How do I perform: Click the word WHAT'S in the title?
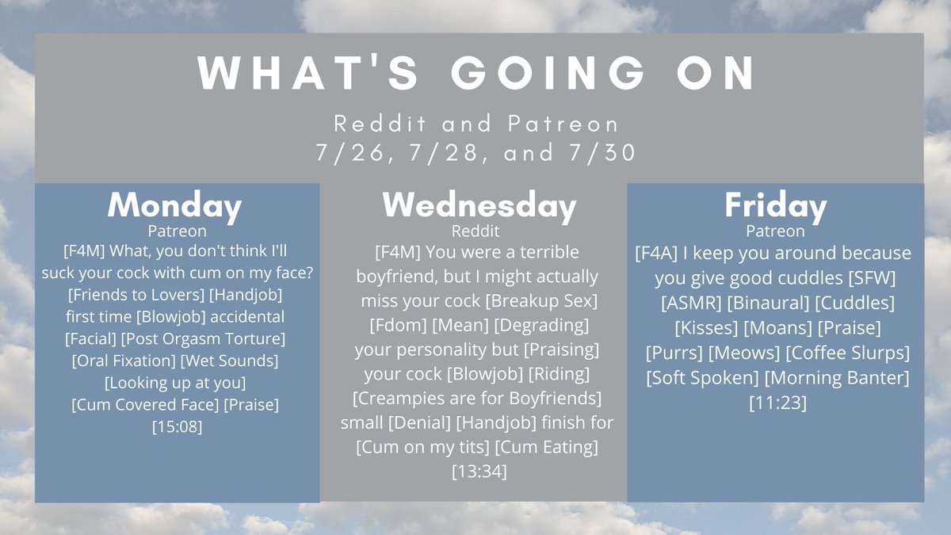coord(308,72)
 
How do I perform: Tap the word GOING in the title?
coord(548,72)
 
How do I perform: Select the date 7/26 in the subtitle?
coord(350,153)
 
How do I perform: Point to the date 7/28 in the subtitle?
coord(445,153)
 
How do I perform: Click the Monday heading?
coord(174,206)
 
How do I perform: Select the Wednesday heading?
coord(479,206)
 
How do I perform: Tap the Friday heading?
coord(776,206)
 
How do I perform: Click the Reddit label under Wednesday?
coord(475,231)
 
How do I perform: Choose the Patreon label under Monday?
coord(177,231)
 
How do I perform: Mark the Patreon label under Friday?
coord(775,231)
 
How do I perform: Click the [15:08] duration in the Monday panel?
coord(177,426)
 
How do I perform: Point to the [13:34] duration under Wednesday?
coord(479,472)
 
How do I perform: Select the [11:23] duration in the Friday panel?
coord(777,403)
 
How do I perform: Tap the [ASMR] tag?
coord(691,303)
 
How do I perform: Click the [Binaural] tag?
coord(769,303)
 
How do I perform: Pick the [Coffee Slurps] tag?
coord(848,353)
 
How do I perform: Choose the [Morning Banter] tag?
coord(837,378)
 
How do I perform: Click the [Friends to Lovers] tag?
coord(136,295)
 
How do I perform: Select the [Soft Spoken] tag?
coord(702,378)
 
